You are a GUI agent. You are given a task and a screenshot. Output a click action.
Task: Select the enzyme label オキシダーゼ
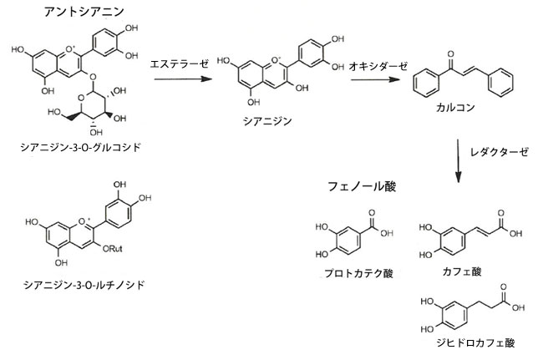(373, 63)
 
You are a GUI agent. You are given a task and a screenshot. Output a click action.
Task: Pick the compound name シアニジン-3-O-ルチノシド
(84, 285)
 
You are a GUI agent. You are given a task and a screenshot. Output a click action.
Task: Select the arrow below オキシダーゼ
(373, 80)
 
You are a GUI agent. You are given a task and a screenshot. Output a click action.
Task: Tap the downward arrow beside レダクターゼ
(458, 159)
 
